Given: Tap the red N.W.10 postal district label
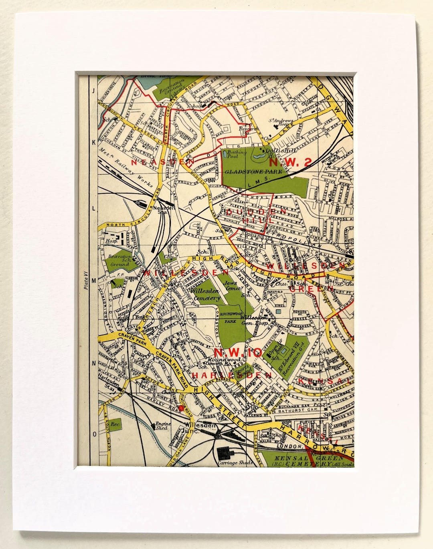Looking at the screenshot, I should pos(238,353).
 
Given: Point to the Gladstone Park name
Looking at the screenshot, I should pos(253,172).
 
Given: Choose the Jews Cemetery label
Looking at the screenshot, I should pos(234,285).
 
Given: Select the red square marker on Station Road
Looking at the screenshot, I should pos(181,408).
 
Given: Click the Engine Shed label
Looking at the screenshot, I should pos(163,426).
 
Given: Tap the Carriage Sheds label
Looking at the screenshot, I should pos(235,462).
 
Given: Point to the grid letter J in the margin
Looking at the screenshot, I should pos(93,91).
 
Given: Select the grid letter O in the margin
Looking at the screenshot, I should pos(94,434).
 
